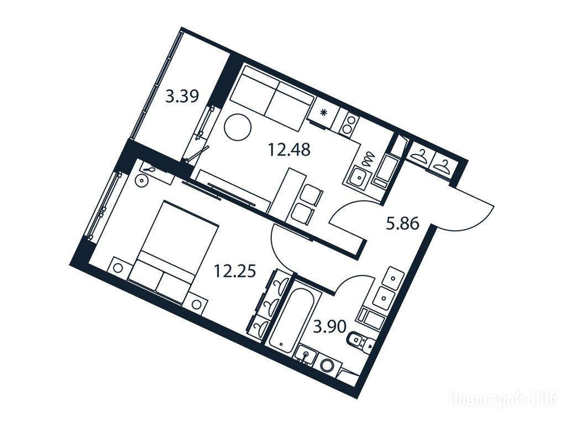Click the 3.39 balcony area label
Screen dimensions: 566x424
[x=182, y=97]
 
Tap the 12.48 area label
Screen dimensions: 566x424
[x=289, y=149]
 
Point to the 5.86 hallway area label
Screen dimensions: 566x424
[x=402, y=224]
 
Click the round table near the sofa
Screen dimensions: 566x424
[x=238, y=128]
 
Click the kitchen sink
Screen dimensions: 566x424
[x=358, y=178]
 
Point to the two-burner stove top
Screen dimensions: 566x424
[x=349, y=124]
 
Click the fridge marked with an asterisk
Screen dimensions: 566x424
[x=323, y=112]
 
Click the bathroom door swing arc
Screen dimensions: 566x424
[x=355, y=277]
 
